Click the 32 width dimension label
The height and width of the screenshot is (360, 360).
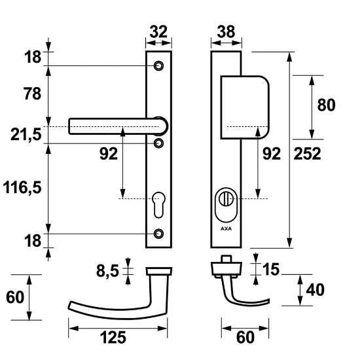pyautogui.click(x=158, y=31)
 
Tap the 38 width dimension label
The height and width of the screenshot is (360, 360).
pyautogui.click(x=226, y=31)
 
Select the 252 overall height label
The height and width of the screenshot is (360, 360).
pyautogui.click(x=307, y=154)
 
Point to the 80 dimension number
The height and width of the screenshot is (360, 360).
pyautogui.click(x=326, y=105)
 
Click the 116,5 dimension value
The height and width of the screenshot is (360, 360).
pyautogui.click(x=22, y=188)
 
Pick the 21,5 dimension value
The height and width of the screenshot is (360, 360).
pyautogui.click(x=26, y=134)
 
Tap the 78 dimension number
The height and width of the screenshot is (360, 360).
pyautogui.click(x=32, y=94)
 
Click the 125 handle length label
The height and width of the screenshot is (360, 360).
pyautogui.click(x=113, y=337)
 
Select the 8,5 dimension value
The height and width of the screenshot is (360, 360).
pyautogui.click(x=107, y=271)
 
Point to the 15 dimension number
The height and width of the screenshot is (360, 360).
pyautogui.click(x=271, y=269)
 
